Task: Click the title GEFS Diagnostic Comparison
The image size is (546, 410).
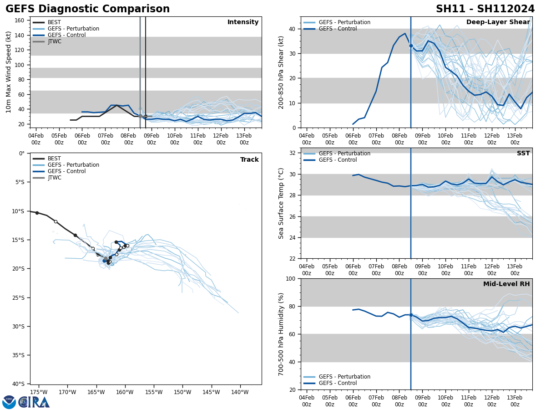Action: click(87, 9)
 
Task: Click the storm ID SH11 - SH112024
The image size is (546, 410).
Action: click(485, 9)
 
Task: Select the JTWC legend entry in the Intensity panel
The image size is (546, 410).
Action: click(54, 41)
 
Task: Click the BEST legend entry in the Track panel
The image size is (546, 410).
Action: click(54, 159)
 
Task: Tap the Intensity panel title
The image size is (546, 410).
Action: click(243, 22)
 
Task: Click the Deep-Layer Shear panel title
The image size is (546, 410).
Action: click(498, 22)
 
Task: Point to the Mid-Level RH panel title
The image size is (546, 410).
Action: click(506, 284)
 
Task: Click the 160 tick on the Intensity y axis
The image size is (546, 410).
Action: click(20, 20)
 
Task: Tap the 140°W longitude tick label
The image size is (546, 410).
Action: click(240, 392)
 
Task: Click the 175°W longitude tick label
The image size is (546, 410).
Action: click(39, 392)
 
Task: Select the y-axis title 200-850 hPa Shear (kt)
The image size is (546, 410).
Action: click(282, 72)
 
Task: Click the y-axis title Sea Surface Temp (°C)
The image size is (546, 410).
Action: click(282, 203)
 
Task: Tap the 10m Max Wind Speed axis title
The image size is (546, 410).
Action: click(8, 72)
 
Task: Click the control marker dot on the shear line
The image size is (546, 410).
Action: click(411, 46)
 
